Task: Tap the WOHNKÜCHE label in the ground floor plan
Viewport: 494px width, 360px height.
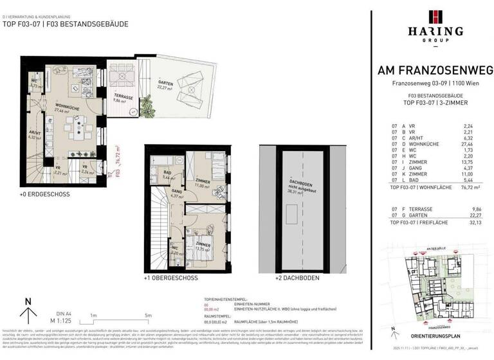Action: point(67,107)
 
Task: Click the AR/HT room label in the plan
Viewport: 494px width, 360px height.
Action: point(34,133)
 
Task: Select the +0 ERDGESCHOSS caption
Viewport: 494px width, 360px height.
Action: point(44,194)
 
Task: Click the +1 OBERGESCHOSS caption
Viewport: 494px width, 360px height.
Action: point(171,279)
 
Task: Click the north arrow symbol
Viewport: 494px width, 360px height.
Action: point(27,312)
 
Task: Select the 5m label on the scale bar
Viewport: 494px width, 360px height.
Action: point(149,315)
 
